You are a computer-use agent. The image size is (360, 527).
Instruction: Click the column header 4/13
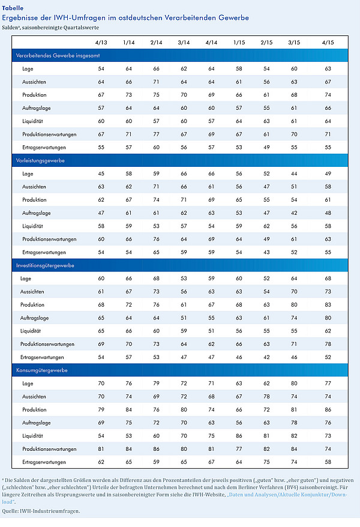tap(101, 43)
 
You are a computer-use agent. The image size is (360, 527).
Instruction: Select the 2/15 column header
tap(266, 43)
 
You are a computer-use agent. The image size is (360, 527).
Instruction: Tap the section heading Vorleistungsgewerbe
tap(40, 161)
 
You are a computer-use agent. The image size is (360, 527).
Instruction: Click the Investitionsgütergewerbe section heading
tap(45, 265)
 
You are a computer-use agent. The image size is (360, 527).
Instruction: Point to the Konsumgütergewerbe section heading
tap(41, 370)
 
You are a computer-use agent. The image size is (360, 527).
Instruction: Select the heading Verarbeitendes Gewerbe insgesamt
tap(58, 56)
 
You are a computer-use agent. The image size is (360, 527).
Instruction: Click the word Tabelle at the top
tap(13, 8)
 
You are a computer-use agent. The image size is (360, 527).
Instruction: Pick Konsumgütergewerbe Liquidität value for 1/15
tap(239, 436)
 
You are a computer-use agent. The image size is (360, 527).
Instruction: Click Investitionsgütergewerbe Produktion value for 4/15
tap(328, 305)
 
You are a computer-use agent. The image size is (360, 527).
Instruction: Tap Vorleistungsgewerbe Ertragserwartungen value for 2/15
tap(266, 253)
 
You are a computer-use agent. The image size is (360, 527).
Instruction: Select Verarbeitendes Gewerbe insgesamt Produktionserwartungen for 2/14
tap(156, 134)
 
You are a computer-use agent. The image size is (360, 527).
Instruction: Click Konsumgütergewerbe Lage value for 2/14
tap(156, 384)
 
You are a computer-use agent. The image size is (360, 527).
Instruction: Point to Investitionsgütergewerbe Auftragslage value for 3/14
tap(184, 318)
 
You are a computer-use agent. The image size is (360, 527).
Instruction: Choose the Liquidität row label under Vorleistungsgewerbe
tap(32, 226)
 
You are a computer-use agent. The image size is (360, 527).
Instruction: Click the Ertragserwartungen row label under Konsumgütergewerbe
tap(44, 462)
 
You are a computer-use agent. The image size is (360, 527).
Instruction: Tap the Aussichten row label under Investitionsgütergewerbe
tap(32, 292)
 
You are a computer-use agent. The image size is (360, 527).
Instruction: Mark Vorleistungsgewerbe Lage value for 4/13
tap(101, 173)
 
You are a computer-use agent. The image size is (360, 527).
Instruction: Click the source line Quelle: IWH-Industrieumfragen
tap(41, 511)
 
